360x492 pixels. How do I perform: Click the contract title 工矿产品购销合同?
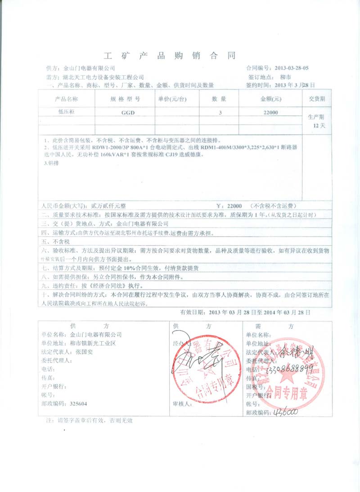170,56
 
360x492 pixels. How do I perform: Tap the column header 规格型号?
125,99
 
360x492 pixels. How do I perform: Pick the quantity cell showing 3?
220,114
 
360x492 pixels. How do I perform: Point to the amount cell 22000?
270,114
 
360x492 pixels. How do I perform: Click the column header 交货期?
317,99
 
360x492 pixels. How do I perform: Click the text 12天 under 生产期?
319,125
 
